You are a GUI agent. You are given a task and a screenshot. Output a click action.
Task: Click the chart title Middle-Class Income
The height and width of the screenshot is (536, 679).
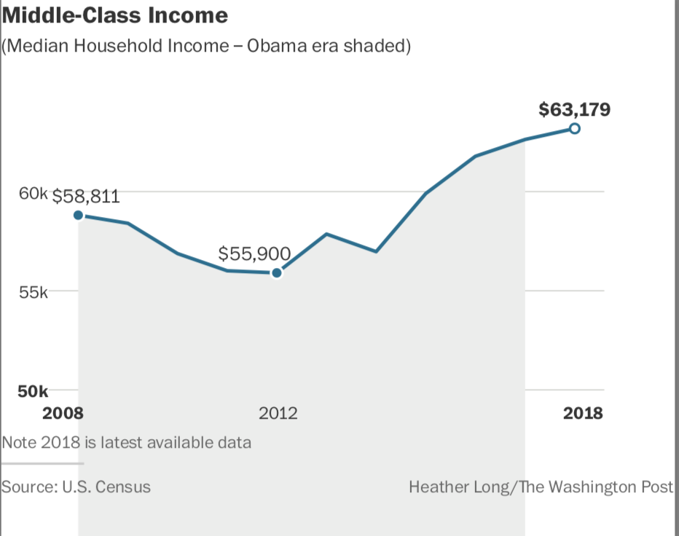pyautogui.click(x=115, y=15)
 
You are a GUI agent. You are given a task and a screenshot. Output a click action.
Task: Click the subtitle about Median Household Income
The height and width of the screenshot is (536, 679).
pyautogui.click(x=207, y=47)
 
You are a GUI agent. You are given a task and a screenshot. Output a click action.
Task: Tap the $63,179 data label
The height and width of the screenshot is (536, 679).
pyautogui.click(x=574, y=110)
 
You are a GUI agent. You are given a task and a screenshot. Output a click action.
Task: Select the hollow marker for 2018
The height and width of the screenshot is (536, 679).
pyautogui.click(x=574, y=129)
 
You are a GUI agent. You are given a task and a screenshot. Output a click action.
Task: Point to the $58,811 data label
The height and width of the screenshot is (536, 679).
pyautogui.click(x=86, y=197)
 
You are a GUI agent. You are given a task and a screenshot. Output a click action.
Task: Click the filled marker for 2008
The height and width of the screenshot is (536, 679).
pyautogui.click(x=78, y=215)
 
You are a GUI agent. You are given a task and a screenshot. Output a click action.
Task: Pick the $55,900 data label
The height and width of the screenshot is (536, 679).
pyautogui.click(x=254, y=253)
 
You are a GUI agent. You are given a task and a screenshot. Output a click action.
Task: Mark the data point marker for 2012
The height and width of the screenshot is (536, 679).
pyautogui.click(x=276, y=273)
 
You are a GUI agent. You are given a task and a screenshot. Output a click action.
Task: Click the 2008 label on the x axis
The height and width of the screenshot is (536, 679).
pyautogui.click(x=63, y=413)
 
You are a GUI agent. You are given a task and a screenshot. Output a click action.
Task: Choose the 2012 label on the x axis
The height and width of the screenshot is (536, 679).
pyautogui.click(x=278, y=413)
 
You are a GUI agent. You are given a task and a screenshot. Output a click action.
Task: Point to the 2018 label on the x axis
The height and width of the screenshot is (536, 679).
pyautogui.click(x=583, y=413)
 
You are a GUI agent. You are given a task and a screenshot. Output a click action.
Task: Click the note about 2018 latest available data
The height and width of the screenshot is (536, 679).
pyautogui.click(x=127, y=442)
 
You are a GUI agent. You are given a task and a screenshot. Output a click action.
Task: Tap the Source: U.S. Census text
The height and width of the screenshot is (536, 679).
pyautogui.click(x=76, y=486)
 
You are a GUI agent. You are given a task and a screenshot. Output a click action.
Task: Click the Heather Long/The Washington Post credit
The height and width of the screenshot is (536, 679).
pyautogui.click(x=541, y=486)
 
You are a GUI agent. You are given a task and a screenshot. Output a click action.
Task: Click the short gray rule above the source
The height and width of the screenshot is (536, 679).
pyautogui.click(x=42, y=462)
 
